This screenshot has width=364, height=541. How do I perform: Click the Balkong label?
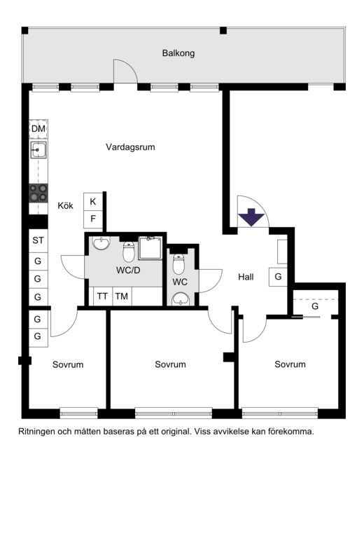coord(178,53)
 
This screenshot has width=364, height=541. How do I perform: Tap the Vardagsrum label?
coord(130,147)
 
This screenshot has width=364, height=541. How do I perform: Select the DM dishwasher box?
coord(38,129)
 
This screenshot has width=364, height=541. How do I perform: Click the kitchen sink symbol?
coord(38,150)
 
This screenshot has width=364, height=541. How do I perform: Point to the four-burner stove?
coord(38,193)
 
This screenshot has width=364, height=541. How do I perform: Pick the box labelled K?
coord(93,202)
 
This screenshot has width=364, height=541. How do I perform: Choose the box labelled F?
coord(93,219)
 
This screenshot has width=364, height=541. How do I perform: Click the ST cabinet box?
coord(38,240)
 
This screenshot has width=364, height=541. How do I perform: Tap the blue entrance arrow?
coord(251,217)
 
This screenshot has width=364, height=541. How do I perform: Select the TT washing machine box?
coord(103,296)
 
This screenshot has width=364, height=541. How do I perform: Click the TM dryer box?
coord(122,296)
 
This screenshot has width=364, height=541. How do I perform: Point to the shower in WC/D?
coord(150,248)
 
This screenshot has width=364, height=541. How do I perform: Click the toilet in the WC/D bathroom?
coord(129,252)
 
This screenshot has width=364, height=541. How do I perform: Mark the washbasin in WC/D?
coord(101,244)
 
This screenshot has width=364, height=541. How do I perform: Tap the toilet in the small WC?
coord(178,264)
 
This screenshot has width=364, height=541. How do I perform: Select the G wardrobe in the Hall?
coord(278,277)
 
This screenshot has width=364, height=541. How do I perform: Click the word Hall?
coord(246,277)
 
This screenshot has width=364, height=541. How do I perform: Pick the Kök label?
coord(66,205)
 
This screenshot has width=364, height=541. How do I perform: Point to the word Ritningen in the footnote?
coord(36,432)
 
